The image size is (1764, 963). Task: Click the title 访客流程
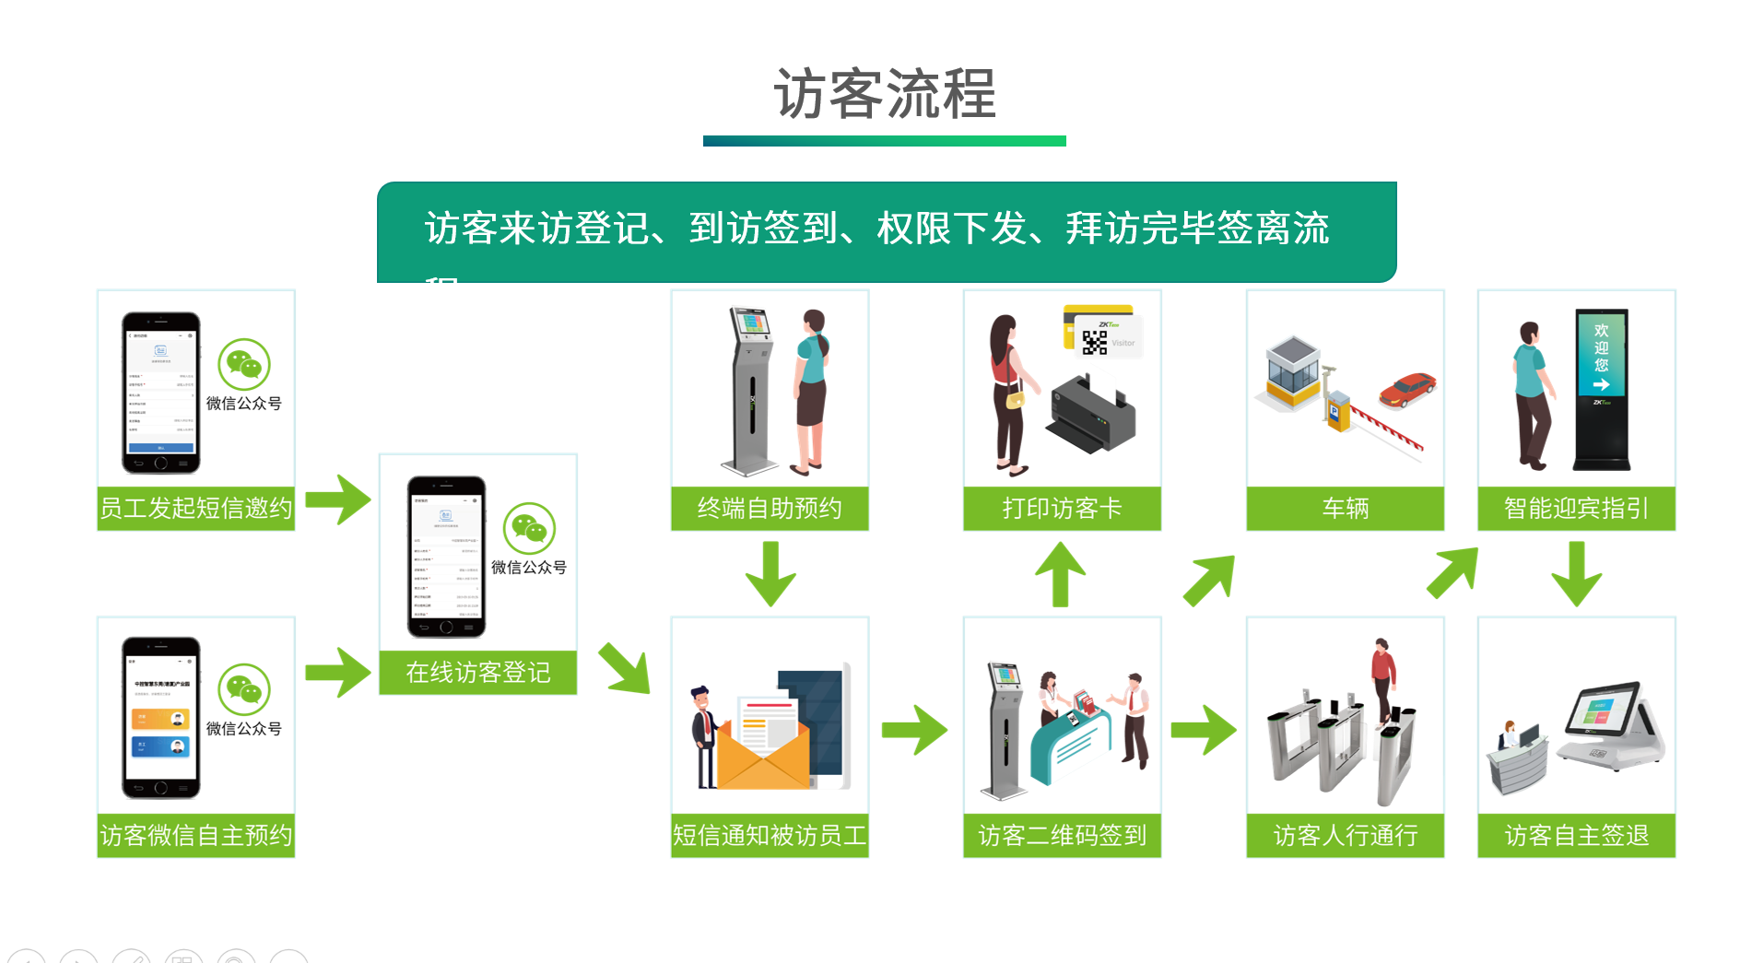pyautogui.click(x=884, y=94)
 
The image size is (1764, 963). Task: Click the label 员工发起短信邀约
pyautogui.click(x=195, y=508)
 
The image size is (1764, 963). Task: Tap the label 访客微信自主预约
pyautogui.click(x=195, y=835)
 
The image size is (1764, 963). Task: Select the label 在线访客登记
pyautogui.click(x=477, y=672)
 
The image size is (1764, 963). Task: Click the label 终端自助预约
pyautogui.click(x=770, y=508)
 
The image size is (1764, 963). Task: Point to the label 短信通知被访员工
pyautogui.click(x=770, y=835)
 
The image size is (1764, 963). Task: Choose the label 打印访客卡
pyautogui.click(x=1062, y=508)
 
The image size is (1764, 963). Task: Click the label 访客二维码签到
pyautogui.click(x=1062, y=835)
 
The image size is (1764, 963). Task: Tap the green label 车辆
pyautogui.click(x=1345, y=508)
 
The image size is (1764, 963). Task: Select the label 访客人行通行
pyautogui.click(x=1345, y=835)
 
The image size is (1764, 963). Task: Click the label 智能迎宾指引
pyautogui.click(x=1576, y=508)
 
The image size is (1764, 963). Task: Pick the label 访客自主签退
pyautogui.click(x=1576, y=835)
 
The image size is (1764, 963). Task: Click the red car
pyautogui.click(x=1406, y=389)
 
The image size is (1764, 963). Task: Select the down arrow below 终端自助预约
pyautogui.click(x=770, y=573)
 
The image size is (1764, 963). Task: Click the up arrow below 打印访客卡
pyautogui.click(x=1061, y=573)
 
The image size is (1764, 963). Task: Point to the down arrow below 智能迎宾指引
pyautogui.click(x=1576, y=573)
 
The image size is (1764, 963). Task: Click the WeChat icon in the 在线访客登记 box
pyautogui.click(x=529, y=528)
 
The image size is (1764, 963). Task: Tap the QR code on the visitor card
pyautogui.click(x=1094, y=342)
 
